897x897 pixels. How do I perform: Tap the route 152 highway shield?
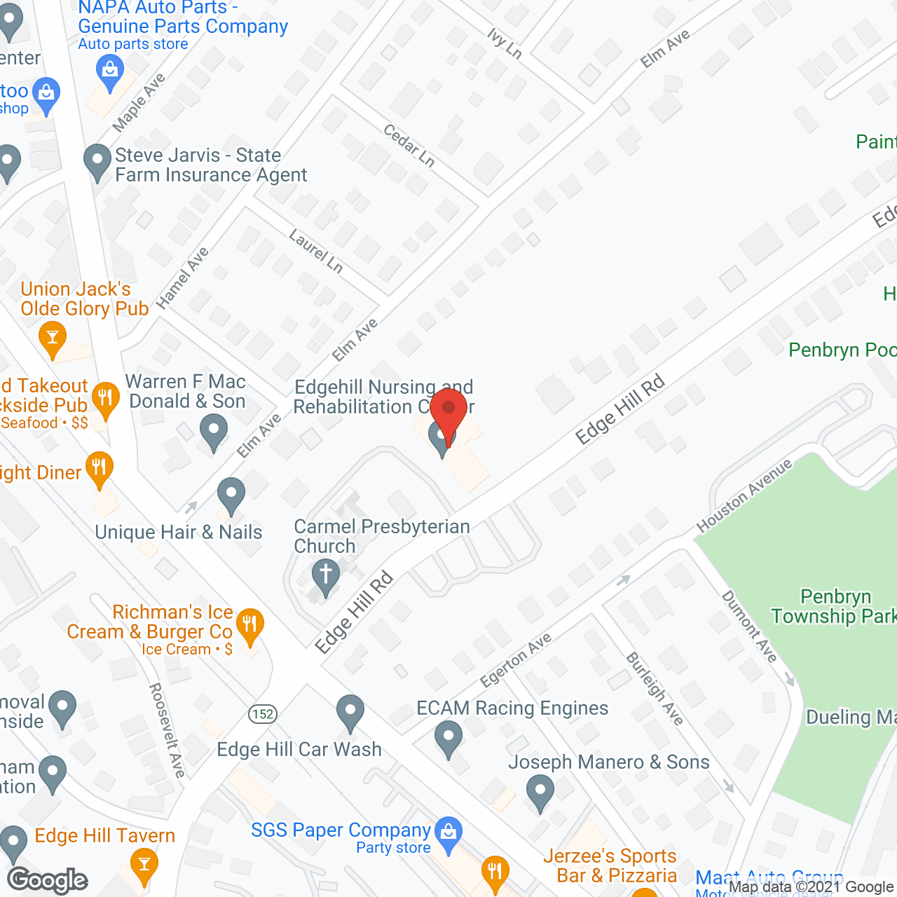[x=263, y=714]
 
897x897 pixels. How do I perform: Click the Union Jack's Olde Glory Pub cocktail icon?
[x=52, y=337]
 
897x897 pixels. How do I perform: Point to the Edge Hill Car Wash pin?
[x=350, y=711]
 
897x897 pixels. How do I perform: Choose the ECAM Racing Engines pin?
[x=448, y=738]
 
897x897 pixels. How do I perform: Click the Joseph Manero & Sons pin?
[x=540, y=793]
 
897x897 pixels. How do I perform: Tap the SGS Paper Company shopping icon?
[x=448, y=832]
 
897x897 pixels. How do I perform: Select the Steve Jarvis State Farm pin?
[x=97, y=160]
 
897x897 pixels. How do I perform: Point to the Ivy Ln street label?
[x=505, y=43]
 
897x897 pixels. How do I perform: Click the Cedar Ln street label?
[x=409, y=145]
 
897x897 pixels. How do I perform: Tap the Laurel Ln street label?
[x=316, y=251]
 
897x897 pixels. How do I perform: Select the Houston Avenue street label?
[x=744, y=495]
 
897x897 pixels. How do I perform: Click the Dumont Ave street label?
[x=749, y=626]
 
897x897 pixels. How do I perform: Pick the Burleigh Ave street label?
[x=654, y=688]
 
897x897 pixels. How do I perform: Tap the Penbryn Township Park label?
[x=834, y=607]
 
